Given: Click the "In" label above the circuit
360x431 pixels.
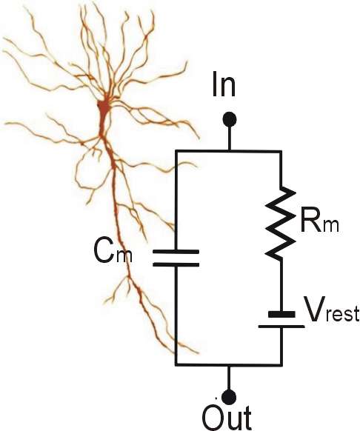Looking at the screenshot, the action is tap(224, 84).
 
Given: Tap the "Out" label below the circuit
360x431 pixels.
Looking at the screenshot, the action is tap(227, 418).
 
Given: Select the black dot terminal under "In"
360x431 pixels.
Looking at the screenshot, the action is tap(230, 120).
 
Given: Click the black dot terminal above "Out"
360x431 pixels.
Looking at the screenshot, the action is tap(229, 397).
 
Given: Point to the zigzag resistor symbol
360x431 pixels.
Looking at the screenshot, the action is tap(281, 223).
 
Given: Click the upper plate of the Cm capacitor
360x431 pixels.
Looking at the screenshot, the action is tap(176, 251).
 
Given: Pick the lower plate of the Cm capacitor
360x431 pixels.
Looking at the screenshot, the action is tap(176, 264).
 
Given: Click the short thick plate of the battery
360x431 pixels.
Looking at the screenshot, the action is tap(281, 314).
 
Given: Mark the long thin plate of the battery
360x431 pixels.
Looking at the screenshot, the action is tap(281, 327).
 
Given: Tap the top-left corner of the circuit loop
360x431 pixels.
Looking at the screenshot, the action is tap(176, 151).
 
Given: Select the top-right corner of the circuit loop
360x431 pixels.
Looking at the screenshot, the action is tap(281, 151).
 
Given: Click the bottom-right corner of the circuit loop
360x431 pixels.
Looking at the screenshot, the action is tap(281, 365).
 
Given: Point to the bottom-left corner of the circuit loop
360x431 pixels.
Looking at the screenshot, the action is tap(176, 365).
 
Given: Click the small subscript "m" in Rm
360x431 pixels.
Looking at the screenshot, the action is tap(331, 226).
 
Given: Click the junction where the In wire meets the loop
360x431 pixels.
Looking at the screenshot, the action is tap(229, 151).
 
